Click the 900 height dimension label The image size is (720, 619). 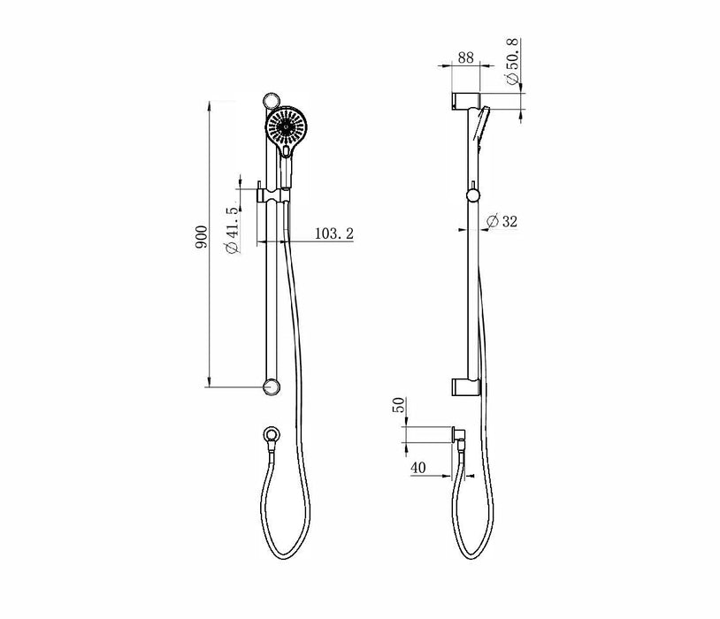tap(201, 237)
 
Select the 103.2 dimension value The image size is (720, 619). tap(333, 233)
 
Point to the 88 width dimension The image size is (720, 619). tap(465, 57)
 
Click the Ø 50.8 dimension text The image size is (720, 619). tap(513, 62)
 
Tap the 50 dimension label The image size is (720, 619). tap(400, 404)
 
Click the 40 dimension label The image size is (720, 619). tap(417, 468)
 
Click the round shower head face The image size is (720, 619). tap(286, 126)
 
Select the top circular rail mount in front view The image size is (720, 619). tap(272, 101)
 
